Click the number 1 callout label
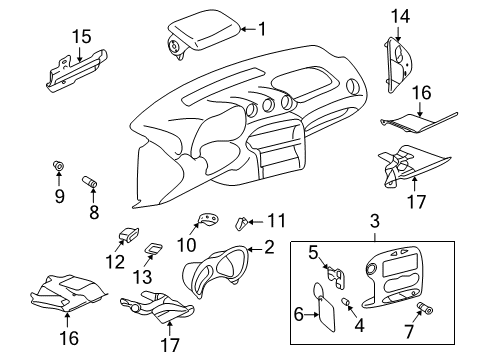262,29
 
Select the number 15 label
82,36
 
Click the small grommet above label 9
58,166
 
